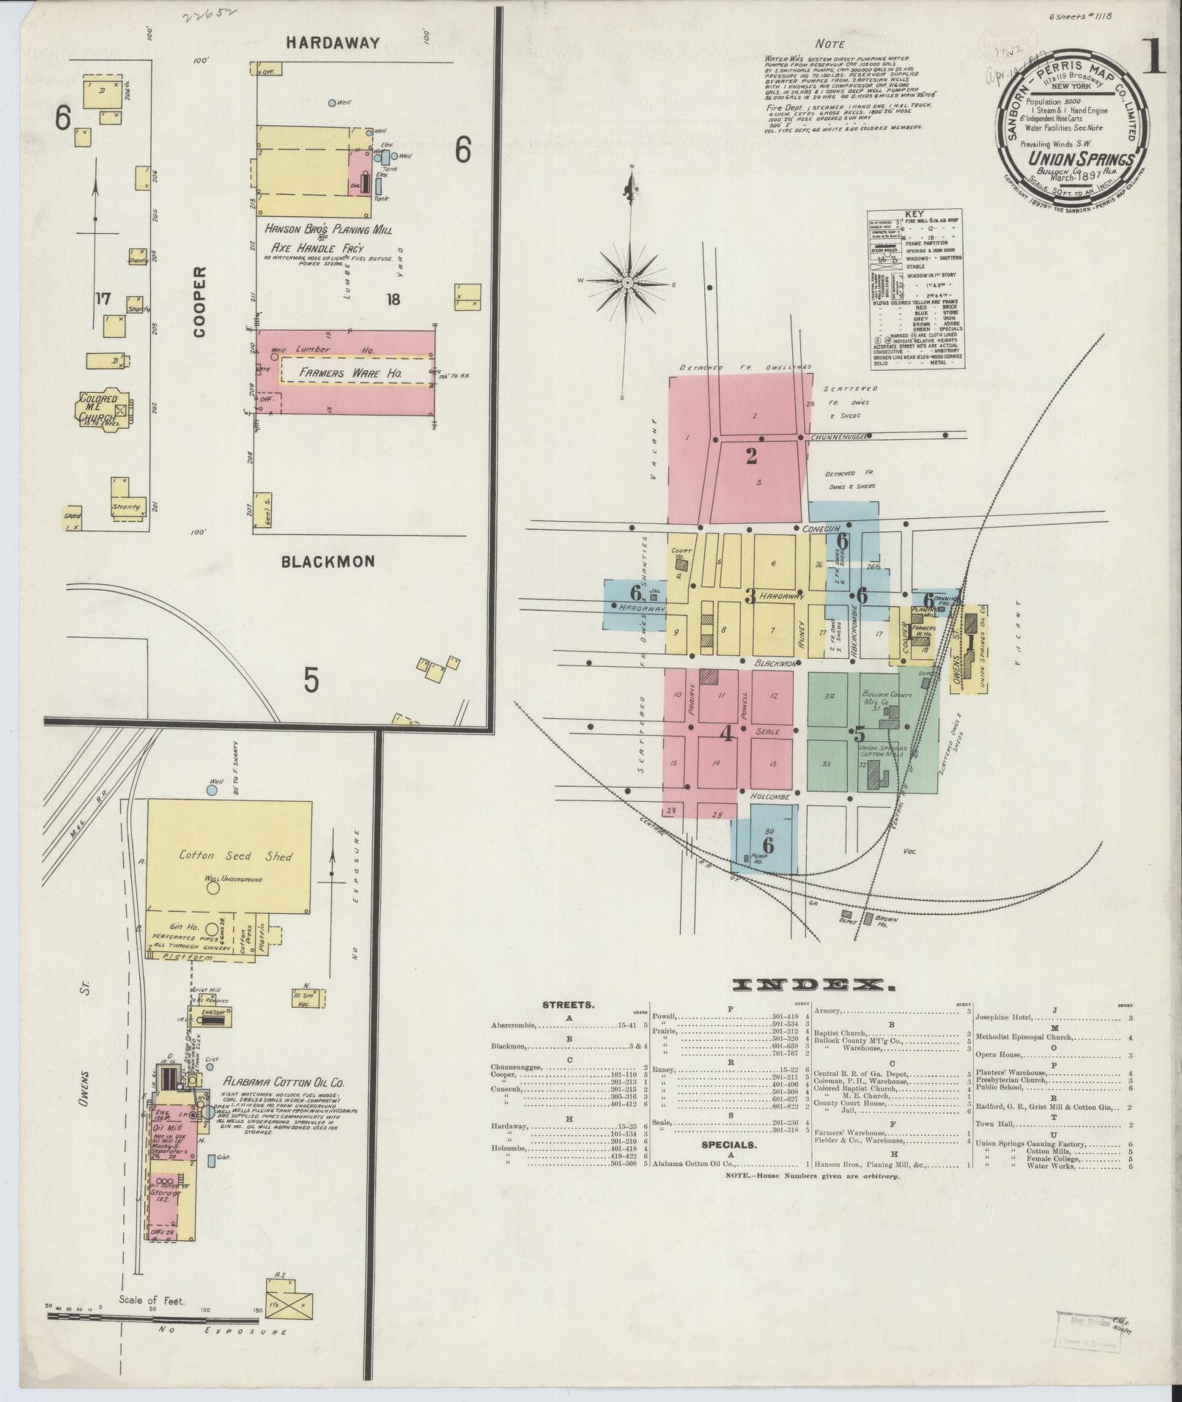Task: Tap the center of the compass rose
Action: [x=629, y=281]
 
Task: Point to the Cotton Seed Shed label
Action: [x=226, y=856]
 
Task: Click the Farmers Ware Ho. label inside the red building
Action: [x=352, y=373]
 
